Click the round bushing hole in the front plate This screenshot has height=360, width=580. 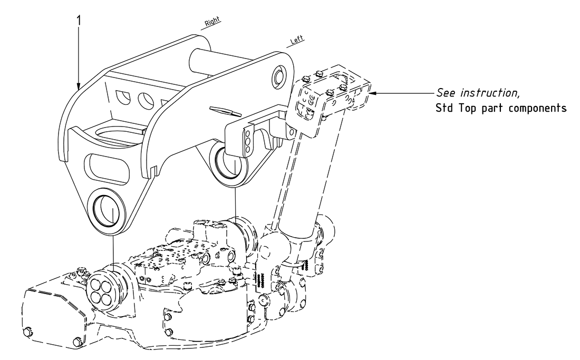(107, 209)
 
